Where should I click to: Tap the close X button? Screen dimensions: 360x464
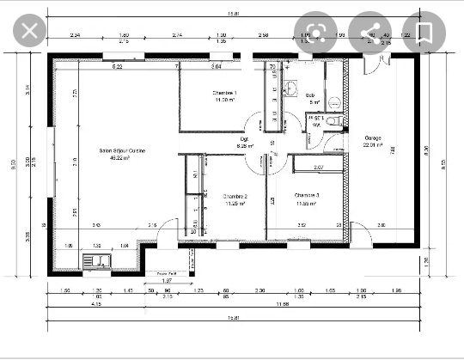[x=29, y=33]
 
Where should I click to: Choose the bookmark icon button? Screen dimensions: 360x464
[x=424, y=33]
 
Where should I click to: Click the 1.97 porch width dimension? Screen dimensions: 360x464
[x=168, y=280]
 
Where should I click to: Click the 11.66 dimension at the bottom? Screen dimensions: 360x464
[x=279, y=304]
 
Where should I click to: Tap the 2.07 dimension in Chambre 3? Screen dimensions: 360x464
[x=318, y=167]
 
